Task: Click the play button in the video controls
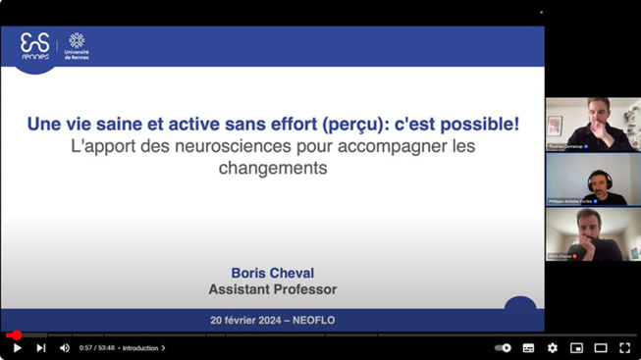[x=17, y=347]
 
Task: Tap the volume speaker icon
[x=65, y=347]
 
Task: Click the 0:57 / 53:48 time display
[x=97, y=348]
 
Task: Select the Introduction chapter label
[x=141, y=348]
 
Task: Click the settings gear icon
[x=552, y=347]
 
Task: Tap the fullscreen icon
[x=624, y=347]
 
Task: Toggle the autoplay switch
[x=503, y=347]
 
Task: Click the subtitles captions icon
[x=528, y=347]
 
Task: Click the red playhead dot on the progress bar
[x=17, y=335]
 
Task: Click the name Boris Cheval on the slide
[x=272, y=273]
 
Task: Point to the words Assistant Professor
[x=272, y=289]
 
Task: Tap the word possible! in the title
[x=484, y=125]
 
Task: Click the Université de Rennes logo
[x=76, y=46]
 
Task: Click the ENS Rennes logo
[x=35, y=46]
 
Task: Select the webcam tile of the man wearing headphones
[x=593, y=180]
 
